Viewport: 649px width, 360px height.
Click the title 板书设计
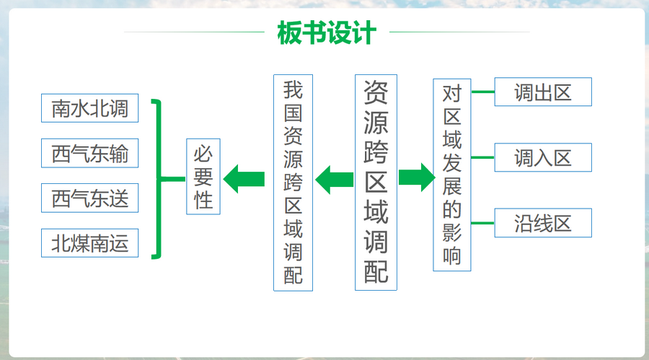pyautogui.click(x=326, y=32)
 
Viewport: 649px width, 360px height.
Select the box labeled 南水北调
pyautogui.click(x=89, y=108)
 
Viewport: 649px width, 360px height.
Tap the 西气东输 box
pyautogui.click(x=89, y=153)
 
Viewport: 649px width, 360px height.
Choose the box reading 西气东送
pyautogui.click(x=89, y=198)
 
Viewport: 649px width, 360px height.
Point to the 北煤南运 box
pyautogui.click(x=89, y=243)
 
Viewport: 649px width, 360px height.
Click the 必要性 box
pyautogui.click(x=203, y=176)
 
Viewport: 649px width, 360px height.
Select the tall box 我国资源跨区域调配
pyautogui.click(x=293, y=182)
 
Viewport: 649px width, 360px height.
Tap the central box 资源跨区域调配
pyautogui.click(x=376, y=182)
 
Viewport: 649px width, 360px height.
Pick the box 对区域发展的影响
pyautogui.click(x=452, y=175)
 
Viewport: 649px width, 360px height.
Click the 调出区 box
pyautogui.click(x=542, y=92)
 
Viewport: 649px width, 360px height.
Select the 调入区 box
pyautogui.click(x=542, y=157)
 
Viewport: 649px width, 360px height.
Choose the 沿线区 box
pyautogui.click(x=542, y=223)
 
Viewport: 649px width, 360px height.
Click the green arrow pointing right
pyautogui.click(x=415, y=177)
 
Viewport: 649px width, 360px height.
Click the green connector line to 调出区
pyautogui.click(x=482, y=92)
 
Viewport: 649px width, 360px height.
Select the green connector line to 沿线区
pyautogui.click(x=482, y=223)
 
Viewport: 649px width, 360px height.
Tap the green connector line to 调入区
pyautogui.click(x=482, y=157)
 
